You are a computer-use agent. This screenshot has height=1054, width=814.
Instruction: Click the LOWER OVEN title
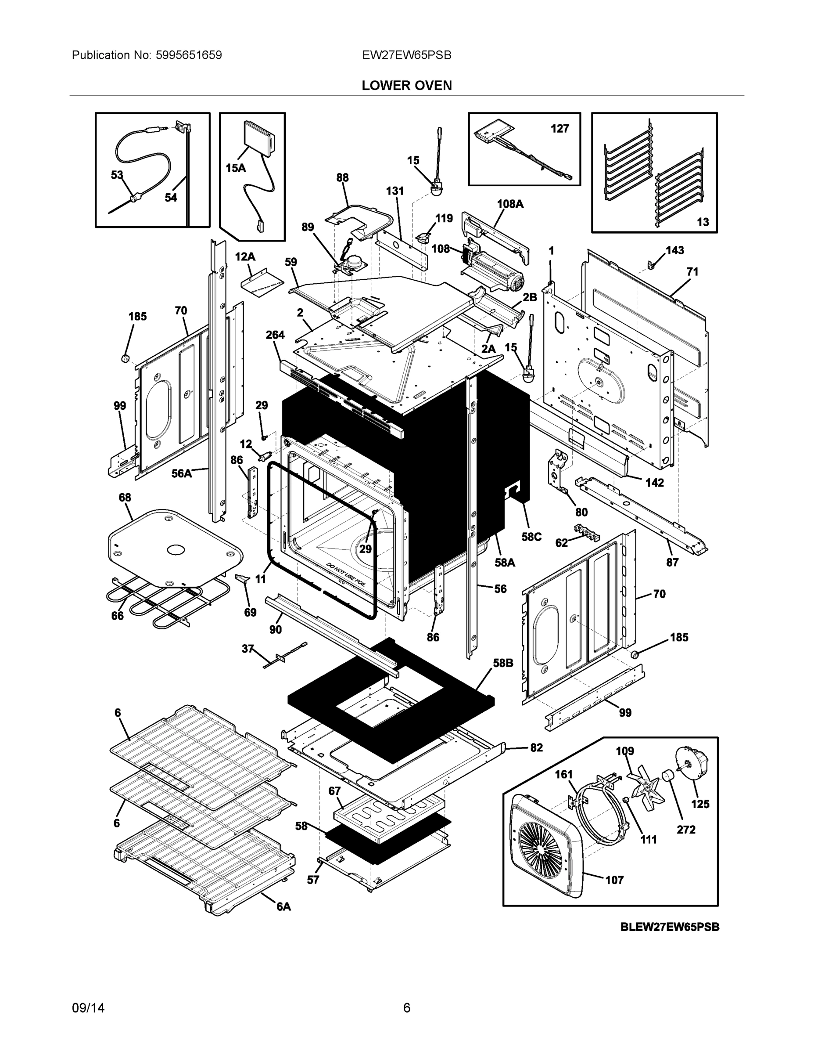[406, 86]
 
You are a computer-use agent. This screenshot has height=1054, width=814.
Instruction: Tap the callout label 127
[559, 128]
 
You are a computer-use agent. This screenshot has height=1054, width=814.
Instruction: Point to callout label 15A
[235, 168]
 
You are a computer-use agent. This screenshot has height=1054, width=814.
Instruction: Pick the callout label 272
[686, 830]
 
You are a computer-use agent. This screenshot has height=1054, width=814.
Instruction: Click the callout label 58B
[502, 663]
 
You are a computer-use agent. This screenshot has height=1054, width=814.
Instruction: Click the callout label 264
[275, 335]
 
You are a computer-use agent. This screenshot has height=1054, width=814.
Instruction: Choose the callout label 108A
[510, 204]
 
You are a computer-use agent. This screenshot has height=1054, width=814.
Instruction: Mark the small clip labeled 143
[650, 264]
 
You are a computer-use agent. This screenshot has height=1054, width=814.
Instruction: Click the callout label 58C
[531, 537]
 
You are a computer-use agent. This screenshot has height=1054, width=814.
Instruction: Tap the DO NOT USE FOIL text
[346, 574]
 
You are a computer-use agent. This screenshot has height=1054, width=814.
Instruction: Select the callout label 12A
[245, 257]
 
